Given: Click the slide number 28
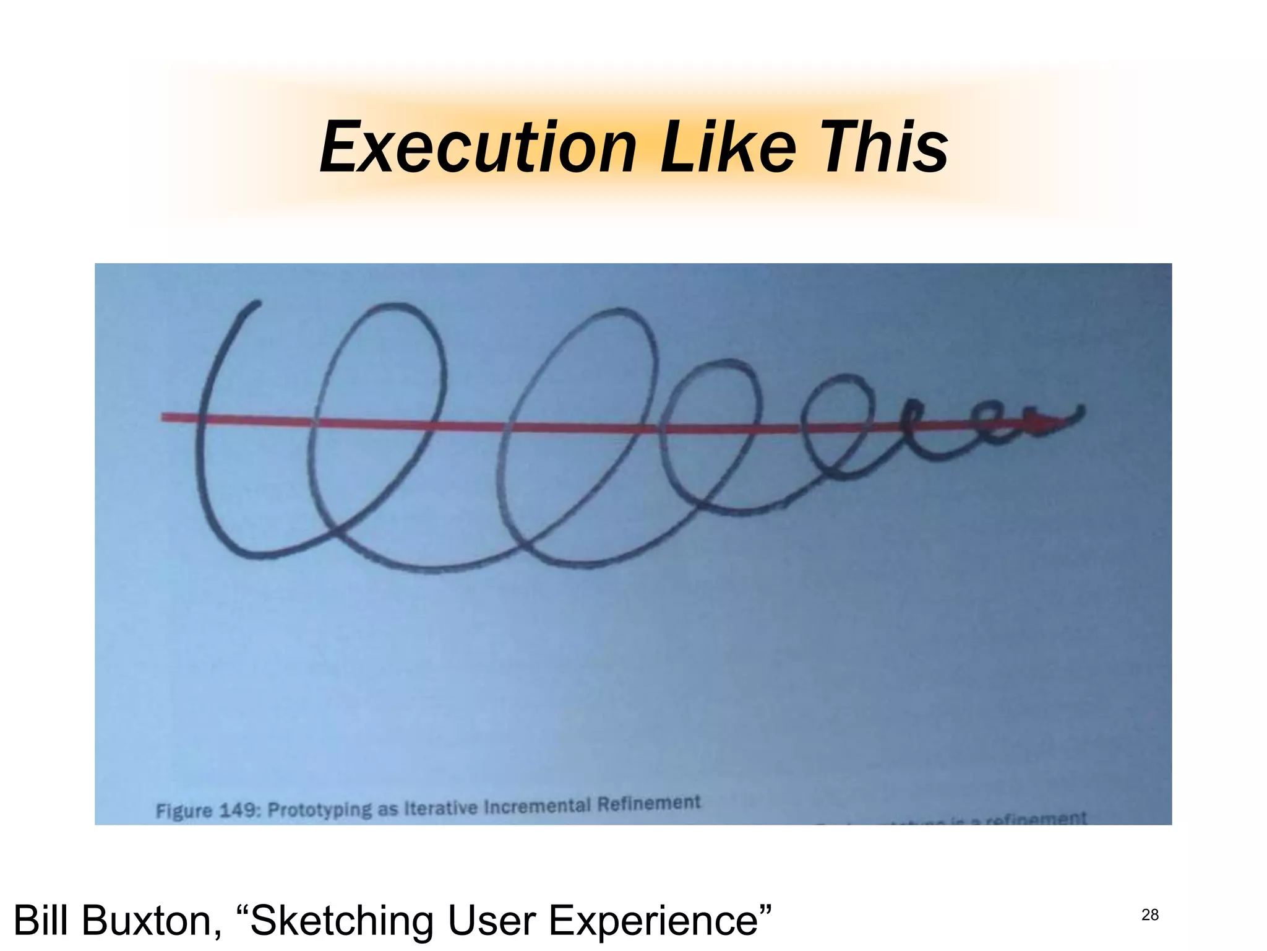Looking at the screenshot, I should [x=1150, y=914].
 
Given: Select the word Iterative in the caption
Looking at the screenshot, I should [x=440, y=808].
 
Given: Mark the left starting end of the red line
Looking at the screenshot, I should [x=163, y=418].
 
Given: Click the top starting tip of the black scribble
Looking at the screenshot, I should [x=257, y=303].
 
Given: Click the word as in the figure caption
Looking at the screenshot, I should [x=388, y=809].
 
